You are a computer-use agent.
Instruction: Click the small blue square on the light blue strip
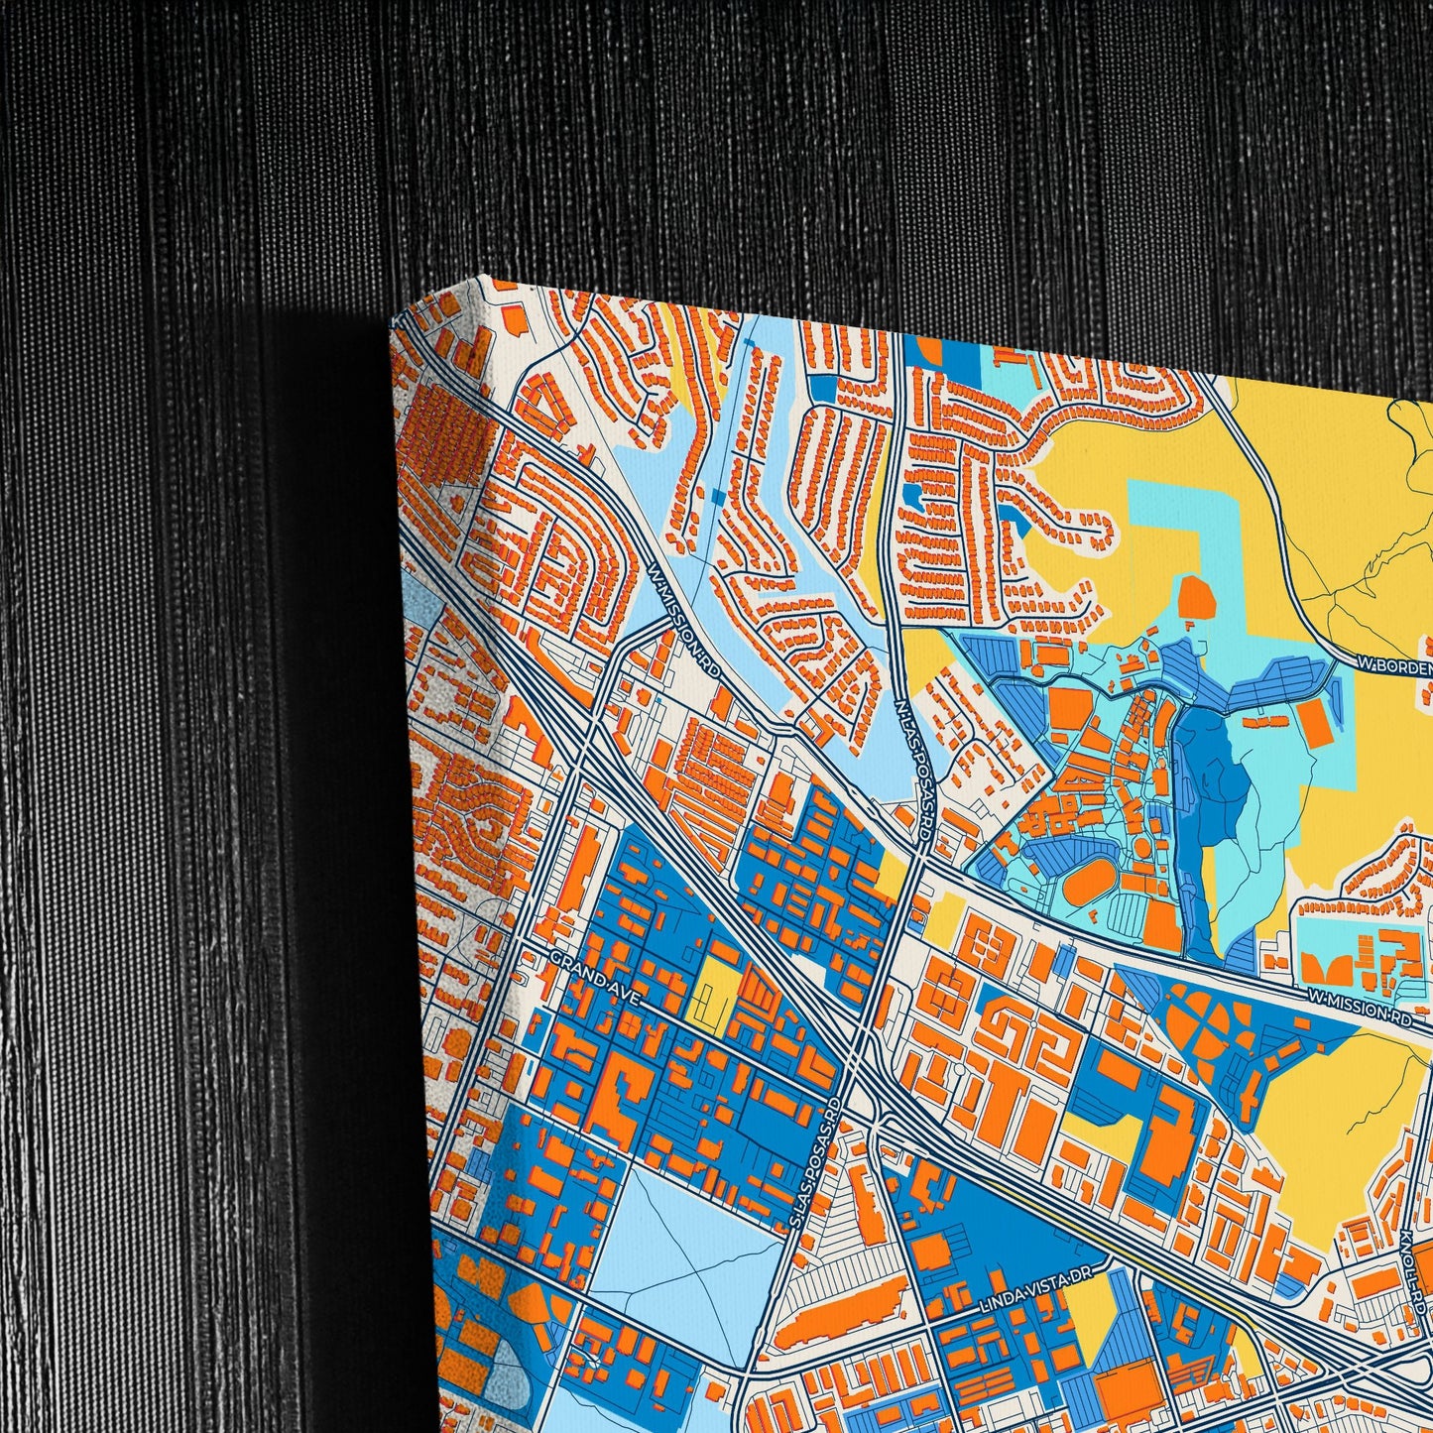719,497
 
